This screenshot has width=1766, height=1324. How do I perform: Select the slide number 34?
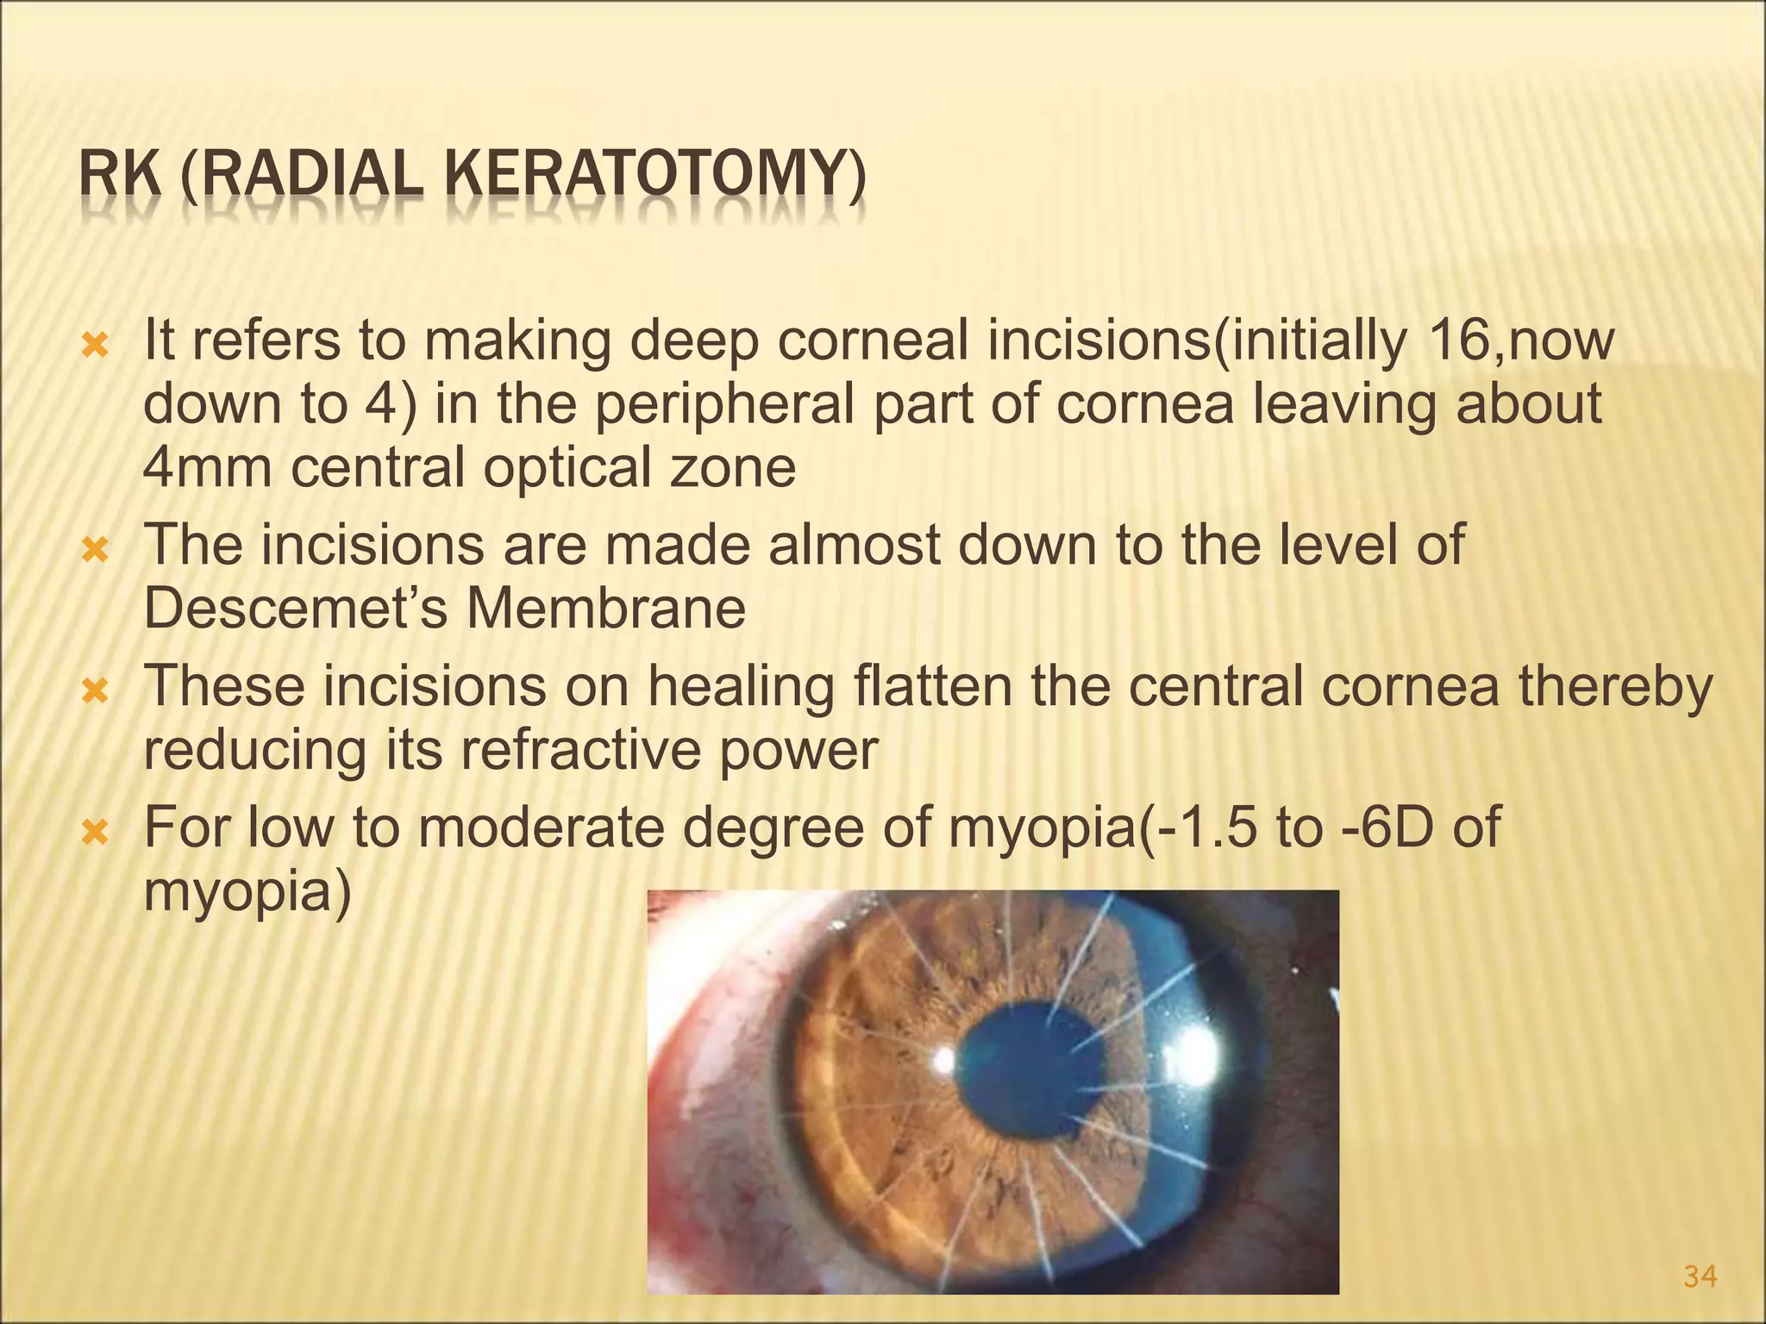(1700, 1277)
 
